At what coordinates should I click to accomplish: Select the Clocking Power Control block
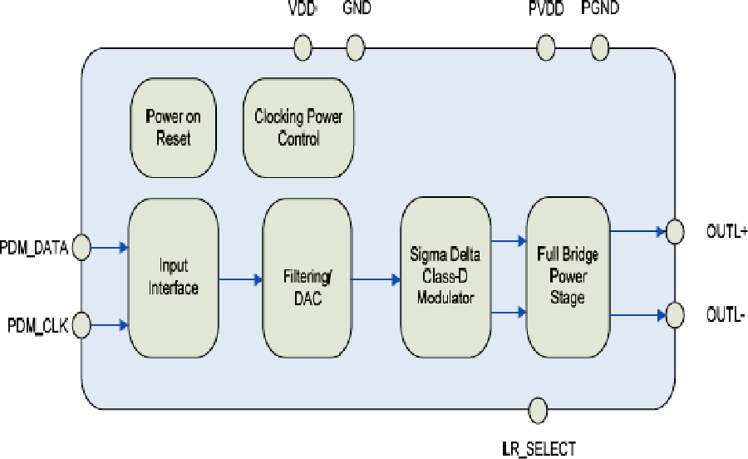coord(298,127)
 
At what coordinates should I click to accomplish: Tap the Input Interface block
coord(174,277)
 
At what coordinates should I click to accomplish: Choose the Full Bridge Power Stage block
coord(568,278)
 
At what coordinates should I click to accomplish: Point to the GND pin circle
coord(355,47)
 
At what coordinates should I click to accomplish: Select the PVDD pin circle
coord(546,47)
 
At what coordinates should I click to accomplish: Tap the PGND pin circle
coord(601,47)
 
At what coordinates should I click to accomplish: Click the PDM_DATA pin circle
coord(81,246)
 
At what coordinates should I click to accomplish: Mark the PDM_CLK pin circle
coord(81,323)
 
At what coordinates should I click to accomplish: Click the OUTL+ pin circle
coord(674,229)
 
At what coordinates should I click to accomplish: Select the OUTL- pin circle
coord(674,314)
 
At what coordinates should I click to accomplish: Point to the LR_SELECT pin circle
coord(538,410)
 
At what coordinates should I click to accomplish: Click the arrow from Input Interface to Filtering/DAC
coord(241,279)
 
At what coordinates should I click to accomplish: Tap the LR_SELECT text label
coord(538,449)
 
